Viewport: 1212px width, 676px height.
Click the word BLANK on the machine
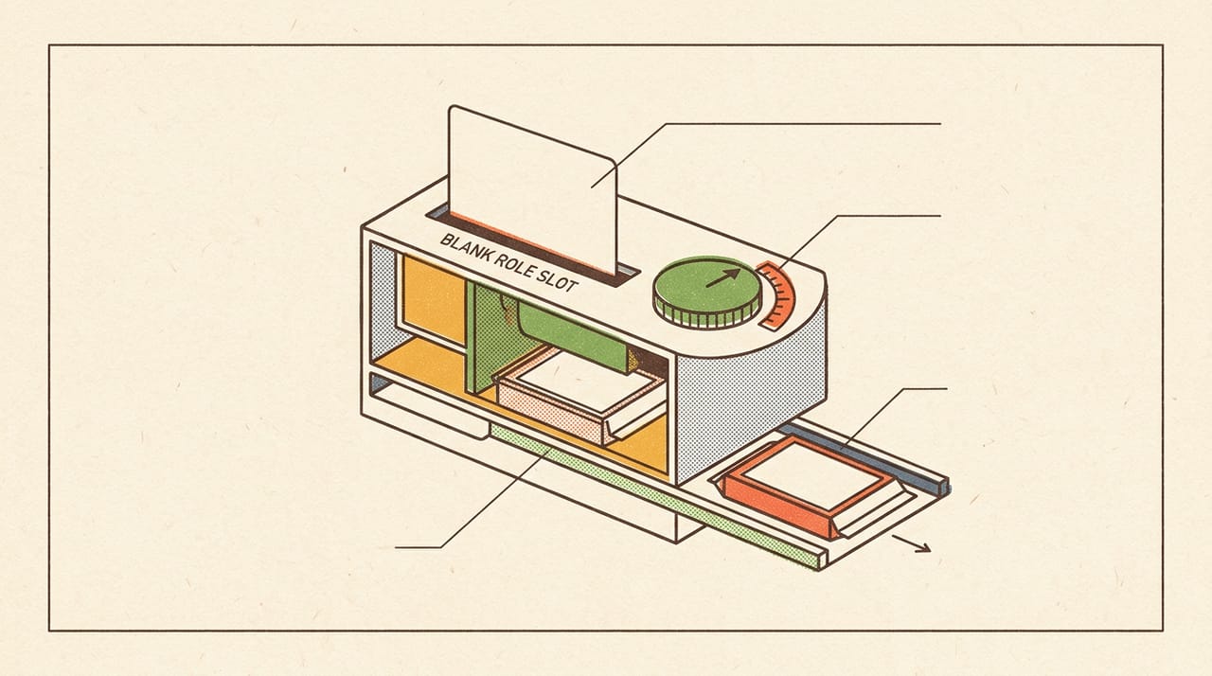coord(465,248)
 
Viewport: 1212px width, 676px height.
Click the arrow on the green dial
coord(722,277)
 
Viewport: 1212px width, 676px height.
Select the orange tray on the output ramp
coord(810,487)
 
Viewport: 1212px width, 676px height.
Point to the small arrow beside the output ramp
coord(911,543)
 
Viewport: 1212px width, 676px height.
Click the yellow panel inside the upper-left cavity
coord(434,298)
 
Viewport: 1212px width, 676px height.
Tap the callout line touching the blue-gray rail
coord(894,418)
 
